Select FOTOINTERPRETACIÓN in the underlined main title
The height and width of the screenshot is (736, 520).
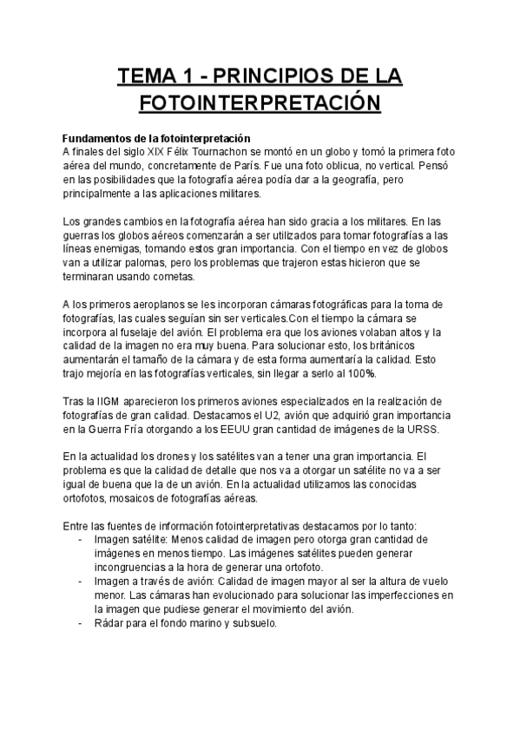260,104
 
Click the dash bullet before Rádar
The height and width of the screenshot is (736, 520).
81,622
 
